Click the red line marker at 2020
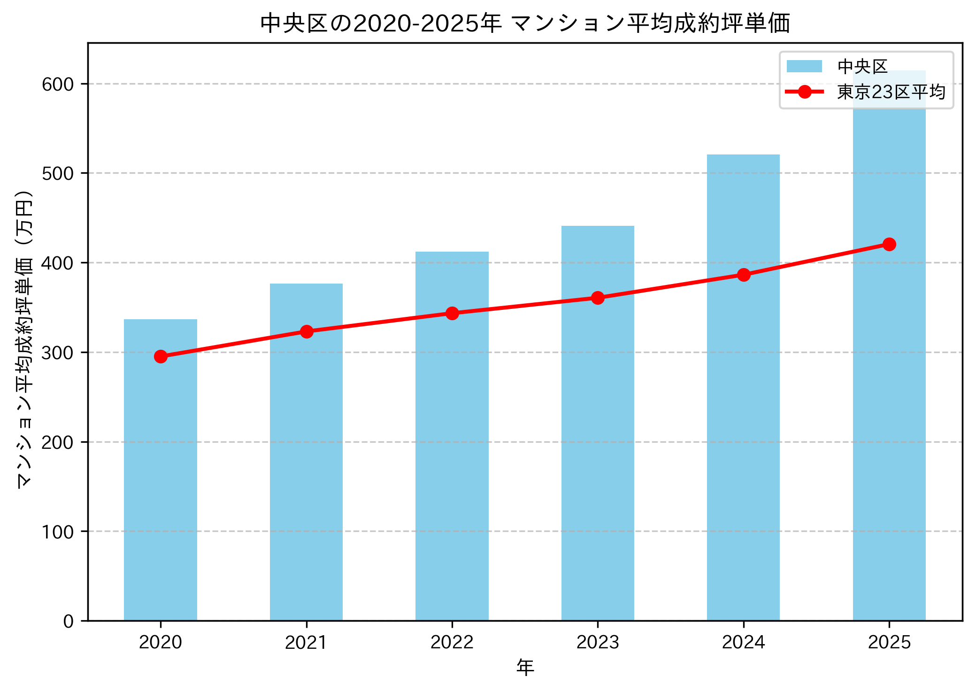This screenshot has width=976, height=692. [161, 356]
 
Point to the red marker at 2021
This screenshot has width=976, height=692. [307, 331]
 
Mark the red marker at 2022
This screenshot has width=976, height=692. [452, 313]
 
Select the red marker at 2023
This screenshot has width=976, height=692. [598, 298]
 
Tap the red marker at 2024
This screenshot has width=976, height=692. [744, 275]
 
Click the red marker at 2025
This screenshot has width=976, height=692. [889, 244]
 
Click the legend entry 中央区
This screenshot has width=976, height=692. [862, 67]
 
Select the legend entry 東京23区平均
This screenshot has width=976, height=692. [891, 92]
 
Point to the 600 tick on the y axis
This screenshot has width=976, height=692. [58, 84]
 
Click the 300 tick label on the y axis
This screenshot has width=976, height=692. [58, 353]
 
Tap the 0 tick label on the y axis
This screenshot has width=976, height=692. [69, 621]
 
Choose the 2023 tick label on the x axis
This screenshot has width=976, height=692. [598, 642]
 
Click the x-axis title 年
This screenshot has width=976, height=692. [525, 667]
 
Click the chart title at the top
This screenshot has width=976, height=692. [525, 23]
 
